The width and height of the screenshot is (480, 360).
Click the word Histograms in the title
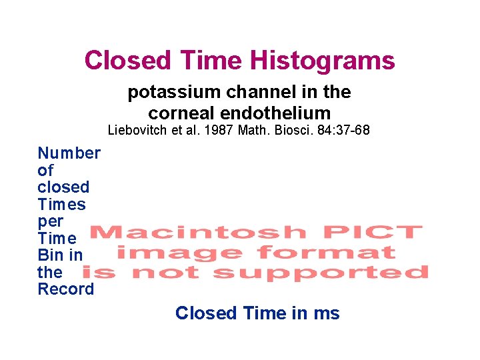(322, 61)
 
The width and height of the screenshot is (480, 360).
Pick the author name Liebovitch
(137, 130)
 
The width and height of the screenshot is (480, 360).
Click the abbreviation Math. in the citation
(247, 130)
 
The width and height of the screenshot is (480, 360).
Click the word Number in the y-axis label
(69, 153)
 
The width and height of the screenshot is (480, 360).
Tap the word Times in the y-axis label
(62, 204)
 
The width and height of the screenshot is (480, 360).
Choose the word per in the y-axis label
(51, 221)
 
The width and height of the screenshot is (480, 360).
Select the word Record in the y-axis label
(66, 289)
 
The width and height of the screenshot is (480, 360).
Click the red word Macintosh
(199, 233)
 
